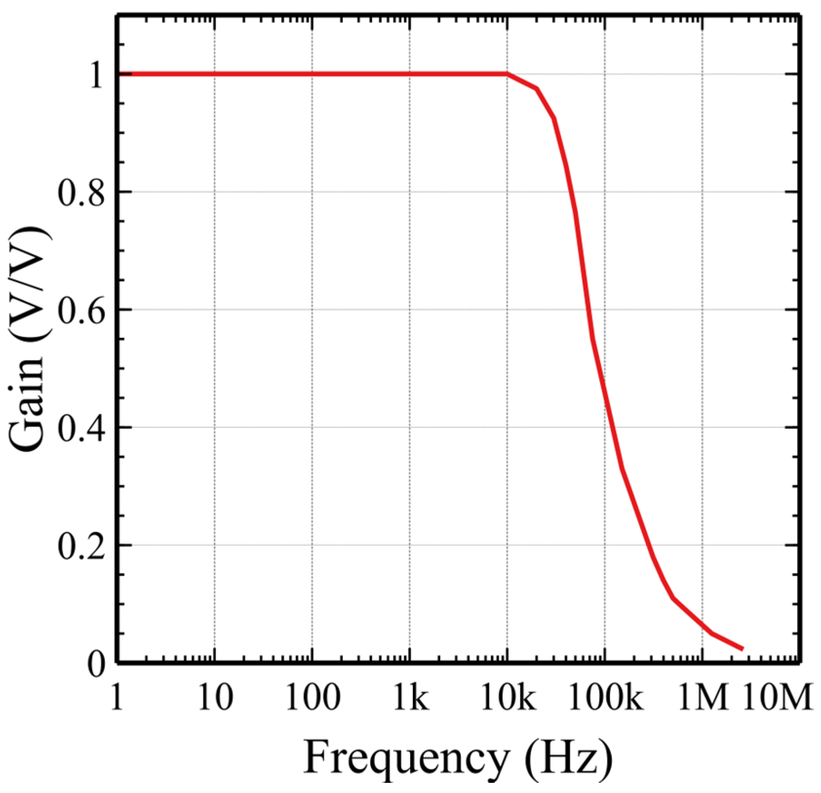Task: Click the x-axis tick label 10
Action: point(215,698)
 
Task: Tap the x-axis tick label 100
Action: point(312,698)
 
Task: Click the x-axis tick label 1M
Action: point(702,698)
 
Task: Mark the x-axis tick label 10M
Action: point(778,698)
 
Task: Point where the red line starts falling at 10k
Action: point(508,74)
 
